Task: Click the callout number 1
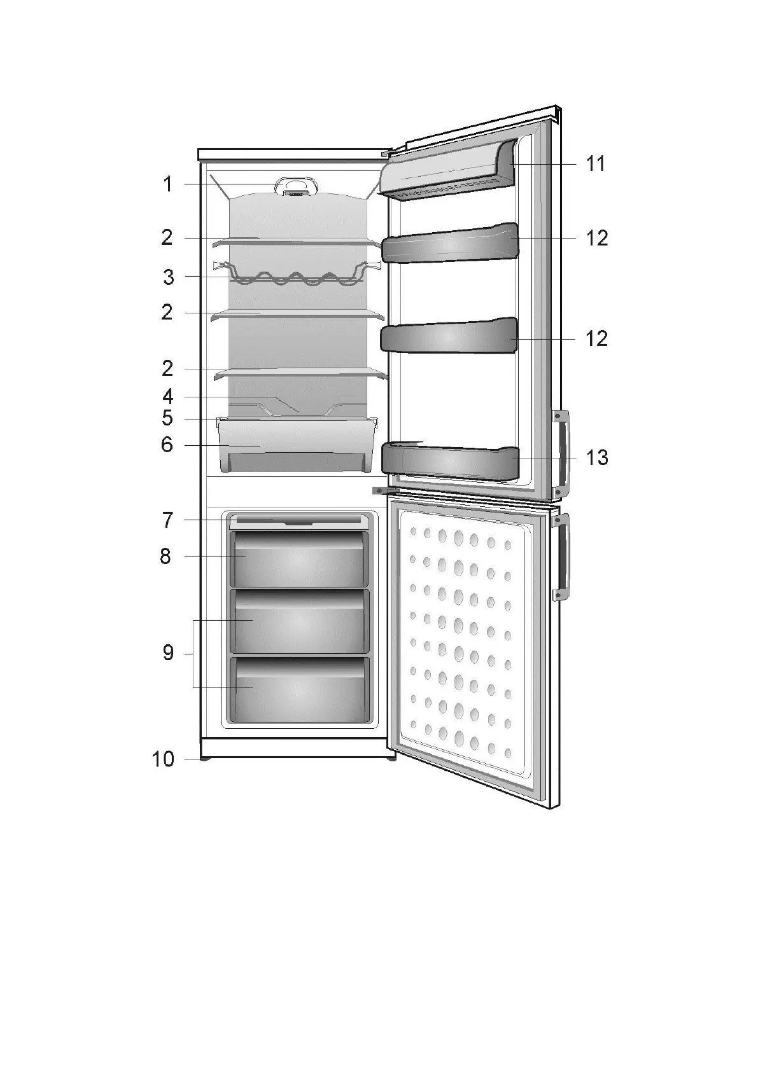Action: pos(167,184)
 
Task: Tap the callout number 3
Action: pos(168,277)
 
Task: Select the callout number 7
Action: pos(167,520)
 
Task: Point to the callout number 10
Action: pos(163,759)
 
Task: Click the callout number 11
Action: pos(596,164)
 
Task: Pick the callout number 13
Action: pos(597,457)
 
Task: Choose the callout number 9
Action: pos(168,653)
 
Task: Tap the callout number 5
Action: pos(167,418)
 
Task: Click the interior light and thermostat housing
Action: pos(296,186)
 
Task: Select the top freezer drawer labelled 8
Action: pos(298,560)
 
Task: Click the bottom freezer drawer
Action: pos(298,691)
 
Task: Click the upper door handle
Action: pos(561,453)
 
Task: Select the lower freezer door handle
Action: pos(561,558)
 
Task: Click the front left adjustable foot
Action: pos(205,758)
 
